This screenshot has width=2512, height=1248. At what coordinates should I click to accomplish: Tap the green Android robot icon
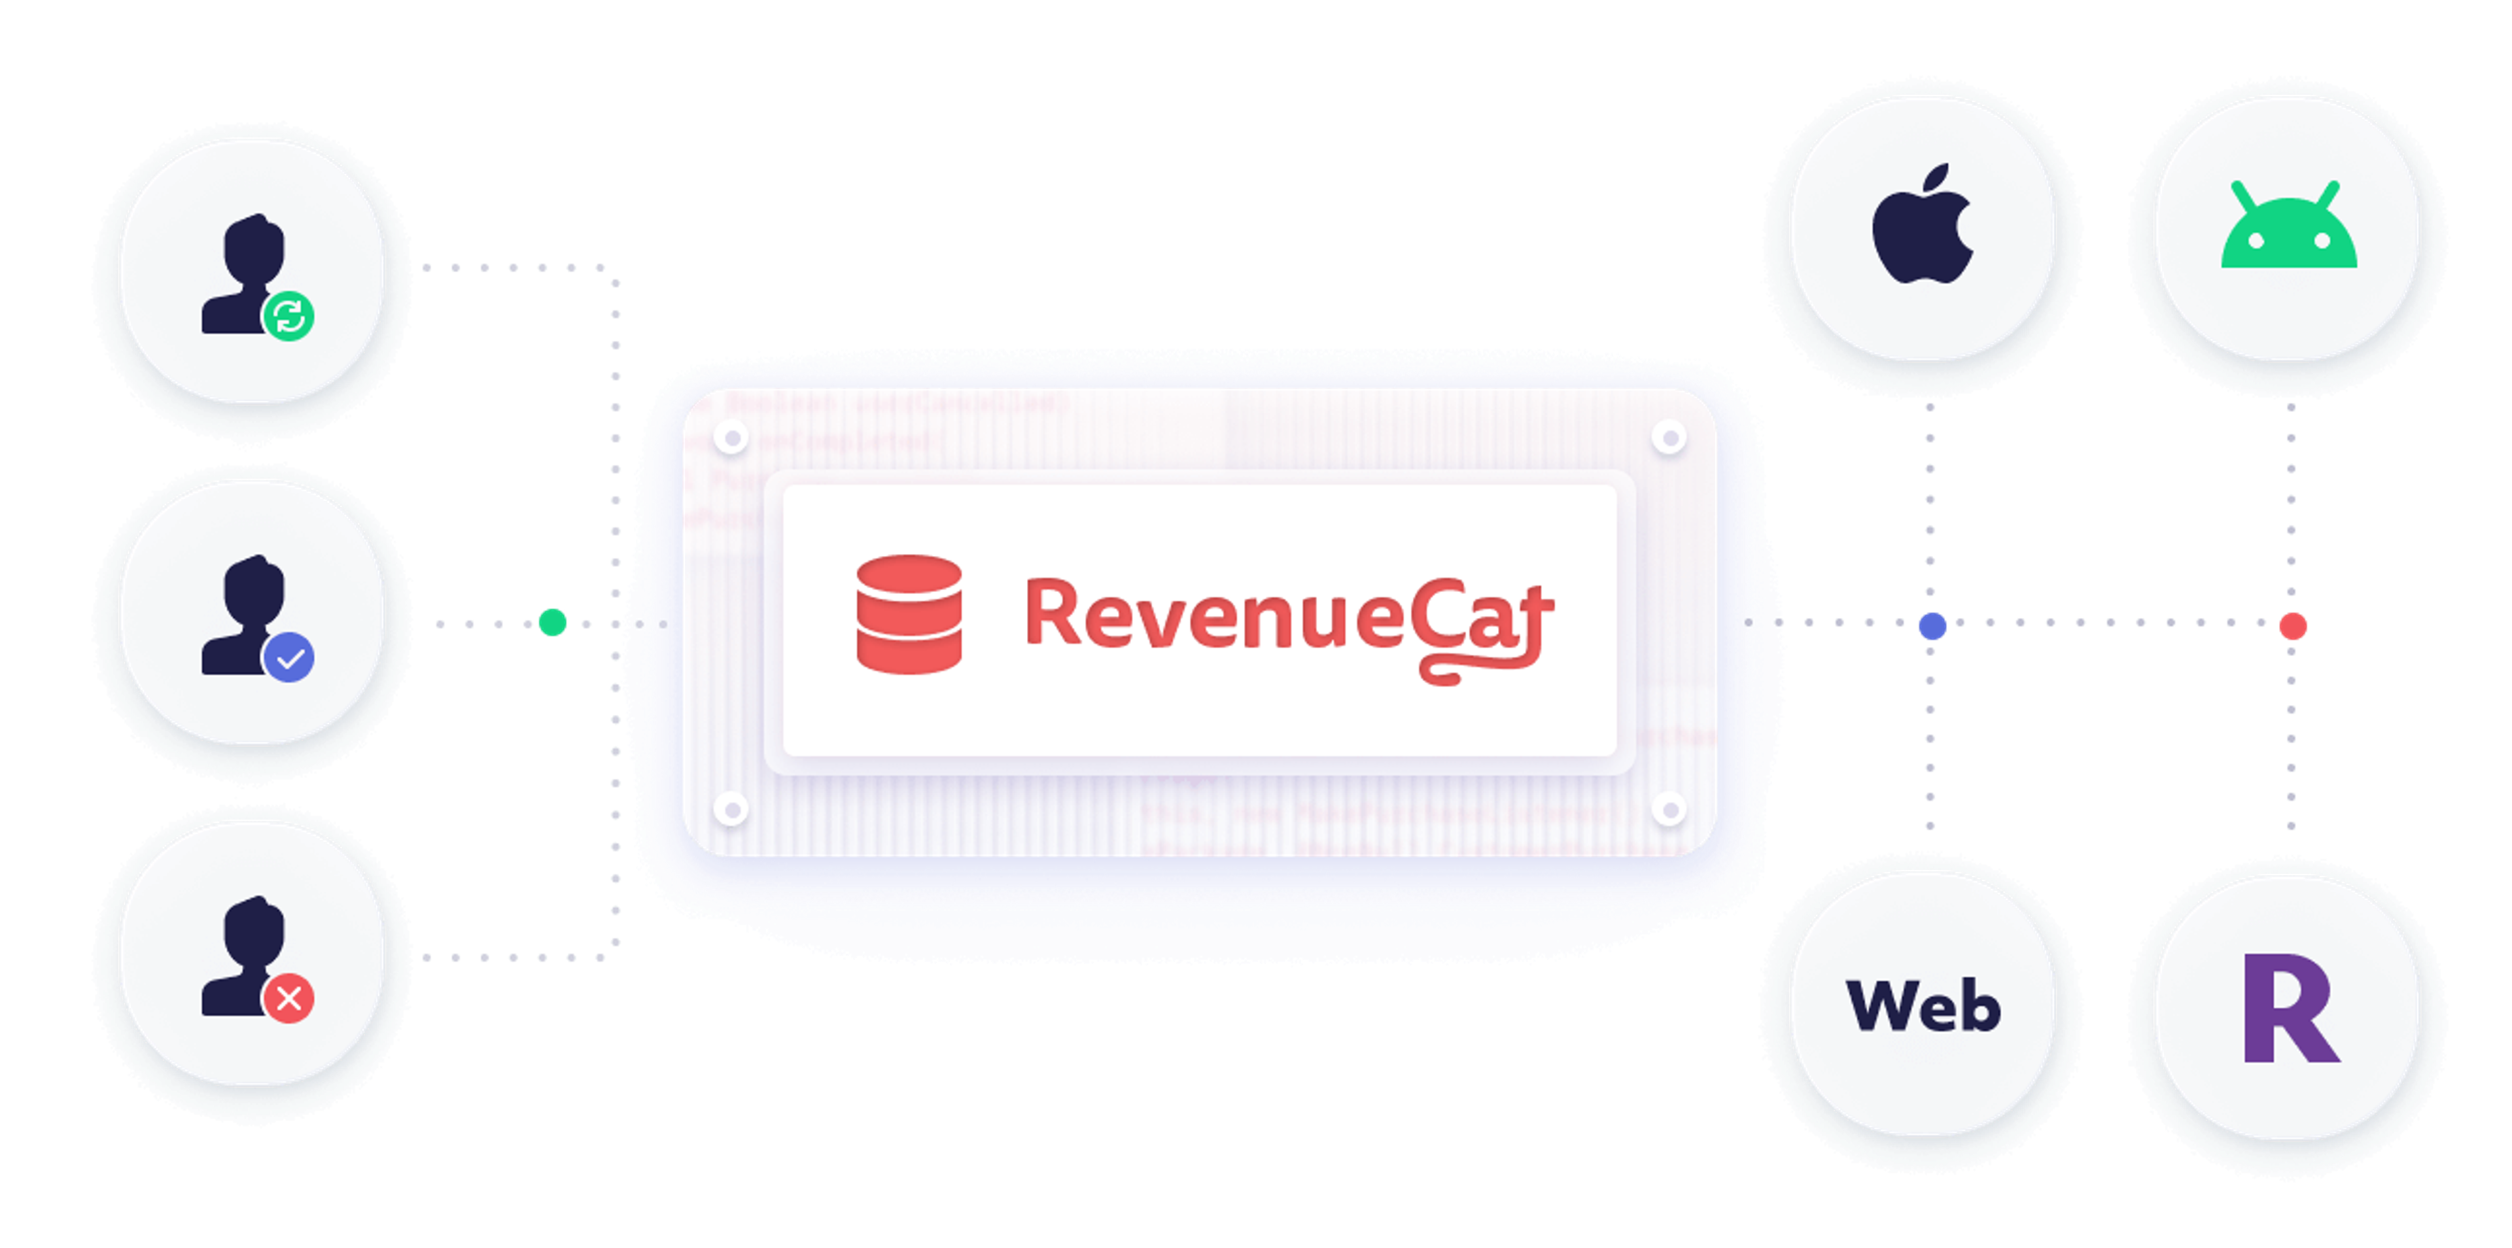point(2289,234)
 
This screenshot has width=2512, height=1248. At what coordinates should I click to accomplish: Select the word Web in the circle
point(1923,1005)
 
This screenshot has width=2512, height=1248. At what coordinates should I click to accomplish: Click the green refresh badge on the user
point(288,316)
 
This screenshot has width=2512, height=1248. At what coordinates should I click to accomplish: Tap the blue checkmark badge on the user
point(288,657)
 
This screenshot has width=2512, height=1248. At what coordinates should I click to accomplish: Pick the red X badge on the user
point(288,997)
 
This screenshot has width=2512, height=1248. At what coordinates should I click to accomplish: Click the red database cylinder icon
point(909,614)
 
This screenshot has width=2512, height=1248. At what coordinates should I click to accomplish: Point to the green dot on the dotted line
point(553,622)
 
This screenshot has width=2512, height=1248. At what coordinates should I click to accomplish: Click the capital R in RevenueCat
point(1051,614)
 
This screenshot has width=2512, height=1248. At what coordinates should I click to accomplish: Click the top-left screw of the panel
point(731,438)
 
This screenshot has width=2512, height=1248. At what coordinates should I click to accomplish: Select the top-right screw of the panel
point(1669,438)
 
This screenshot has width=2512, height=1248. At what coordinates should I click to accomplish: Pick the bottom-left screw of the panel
point(731,808)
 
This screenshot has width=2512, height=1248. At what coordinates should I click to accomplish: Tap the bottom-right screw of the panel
point(1669,808)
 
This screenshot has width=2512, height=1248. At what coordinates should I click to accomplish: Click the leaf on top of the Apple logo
point(1936,179)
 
